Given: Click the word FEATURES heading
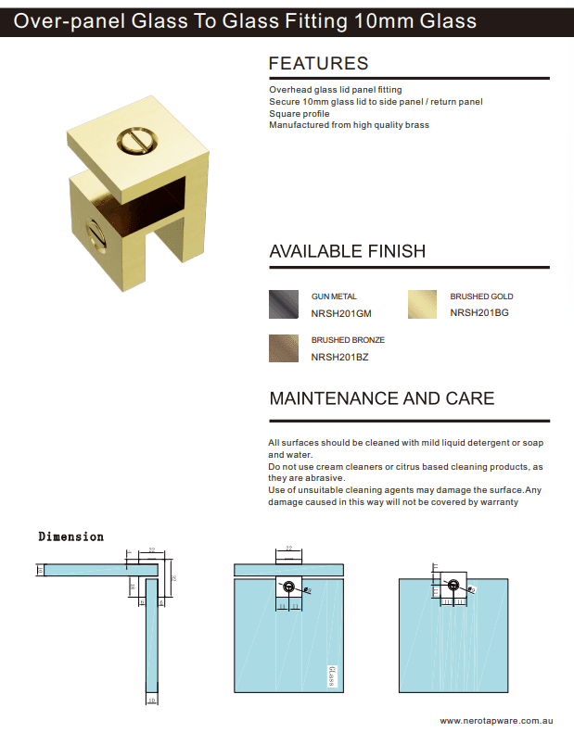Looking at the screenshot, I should (318, 64).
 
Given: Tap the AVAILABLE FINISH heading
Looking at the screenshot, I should (347, 251).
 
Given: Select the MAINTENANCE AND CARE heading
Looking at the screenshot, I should (381, 398).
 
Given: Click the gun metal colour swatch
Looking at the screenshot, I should (284, 304).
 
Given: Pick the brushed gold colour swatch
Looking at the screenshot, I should (423, 304).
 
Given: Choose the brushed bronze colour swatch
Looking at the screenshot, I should (284, 347).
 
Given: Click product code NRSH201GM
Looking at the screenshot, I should (339, 313).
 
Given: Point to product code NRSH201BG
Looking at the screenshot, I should (478, 313).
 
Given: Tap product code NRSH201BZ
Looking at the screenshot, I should (339, 357).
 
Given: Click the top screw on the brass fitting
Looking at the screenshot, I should (132, 142).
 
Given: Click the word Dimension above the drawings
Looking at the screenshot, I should (71, 536).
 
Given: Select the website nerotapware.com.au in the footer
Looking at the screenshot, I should (496, 720).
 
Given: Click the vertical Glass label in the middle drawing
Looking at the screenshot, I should (331, 677).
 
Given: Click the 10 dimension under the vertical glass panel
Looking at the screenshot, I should (151, 701).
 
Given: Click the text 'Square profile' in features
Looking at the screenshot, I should (299, 113).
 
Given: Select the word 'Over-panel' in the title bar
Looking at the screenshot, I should (63, 20).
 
